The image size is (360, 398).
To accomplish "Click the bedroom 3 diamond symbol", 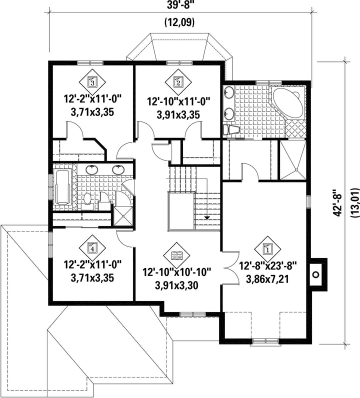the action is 92,82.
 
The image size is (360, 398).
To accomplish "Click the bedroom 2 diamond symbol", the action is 178,82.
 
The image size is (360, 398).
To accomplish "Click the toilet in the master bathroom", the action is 231,130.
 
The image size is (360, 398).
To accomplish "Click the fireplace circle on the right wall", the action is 315,274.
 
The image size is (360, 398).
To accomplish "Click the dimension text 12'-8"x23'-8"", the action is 268,267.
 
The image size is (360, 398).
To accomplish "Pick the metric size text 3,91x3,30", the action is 176,285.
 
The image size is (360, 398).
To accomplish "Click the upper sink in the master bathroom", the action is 229,92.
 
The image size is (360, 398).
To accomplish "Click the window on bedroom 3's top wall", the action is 90,63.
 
